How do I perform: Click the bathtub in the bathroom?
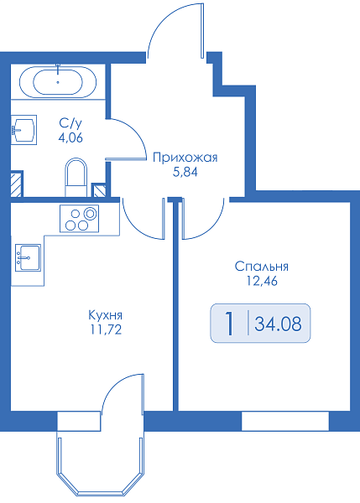pyautogui.click(x=58, y=82)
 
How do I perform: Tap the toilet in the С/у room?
pyautogui.click(x=76, y=177)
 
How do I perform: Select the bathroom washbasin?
pyautogui.click(x=23, y=130)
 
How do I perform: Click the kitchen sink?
pyautogui.click(x=28, y=257)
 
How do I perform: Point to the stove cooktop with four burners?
pyautogui.click(x=79, y=219)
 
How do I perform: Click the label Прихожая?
pyautogui.click(x=185, y=158)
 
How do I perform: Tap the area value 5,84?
pyautogui.click(x=185, y=173)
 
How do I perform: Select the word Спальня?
pyautogui.click(x=262, y=267)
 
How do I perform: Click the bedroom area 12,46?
pyautogui.click(x=262, y=281)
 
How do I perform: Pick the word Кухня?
pyautogui.click(x=106, y=315)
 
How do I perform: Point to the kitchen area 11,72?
pyautogui.click(x=106, y=329)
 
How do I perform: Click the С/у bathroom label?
pyautogui.click(x=70, y=123)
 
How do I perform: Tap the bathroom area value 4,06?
pyautogui.click(x=70, y=137)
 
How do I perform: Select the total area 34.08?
pyautogui.click(x=278, y=324)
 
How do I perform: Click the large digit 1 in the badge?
pyautogui.click(x=229, y=324)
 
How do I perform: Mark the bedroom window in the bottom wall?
pyautogui.click(x=285, y=421)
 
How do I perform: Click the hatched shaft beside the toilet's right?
pyautogui.click(x=98, y=190)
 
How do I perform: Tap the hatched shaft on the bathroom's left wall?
pyautogui.click(x=17, y=184)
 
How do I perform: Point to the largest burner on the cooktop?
pyautogui.click(x=90, y=213)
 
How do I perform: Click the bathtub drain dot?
pyautogui.click(x=58, y=82)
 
